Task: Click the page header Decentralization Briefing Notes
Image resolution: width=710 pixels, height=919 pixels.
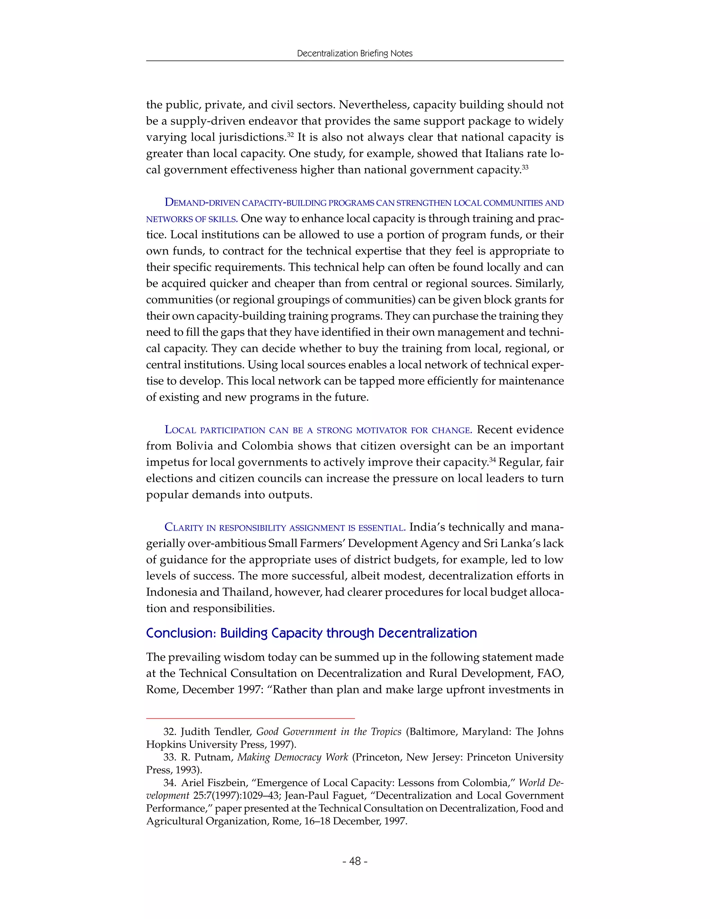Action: (355, 53)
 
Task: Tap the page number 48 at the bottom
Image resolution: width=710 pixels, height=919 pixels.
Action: (355, 861)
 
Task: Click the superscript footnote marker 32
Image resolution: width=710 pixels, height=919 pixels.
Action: (290, 134)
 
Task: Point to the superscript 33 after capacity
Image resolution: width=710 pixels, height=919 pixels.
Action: (525, 166)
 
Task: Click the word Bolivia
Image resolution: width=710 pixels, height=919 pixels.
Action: (197, 446)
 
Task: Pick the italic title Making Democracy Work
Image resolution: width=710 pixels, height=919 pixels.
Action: (292, 757)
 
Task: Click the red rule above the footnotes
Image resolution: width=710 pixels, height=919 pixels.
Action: (250, 718)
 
